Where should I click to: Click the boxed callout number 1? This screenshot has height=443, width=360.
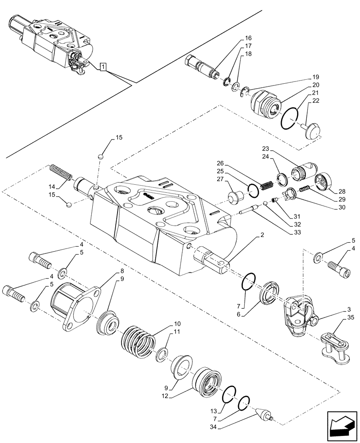point(103,67)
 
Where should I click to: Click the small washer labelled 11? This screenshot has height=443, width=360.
point(161,354)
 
